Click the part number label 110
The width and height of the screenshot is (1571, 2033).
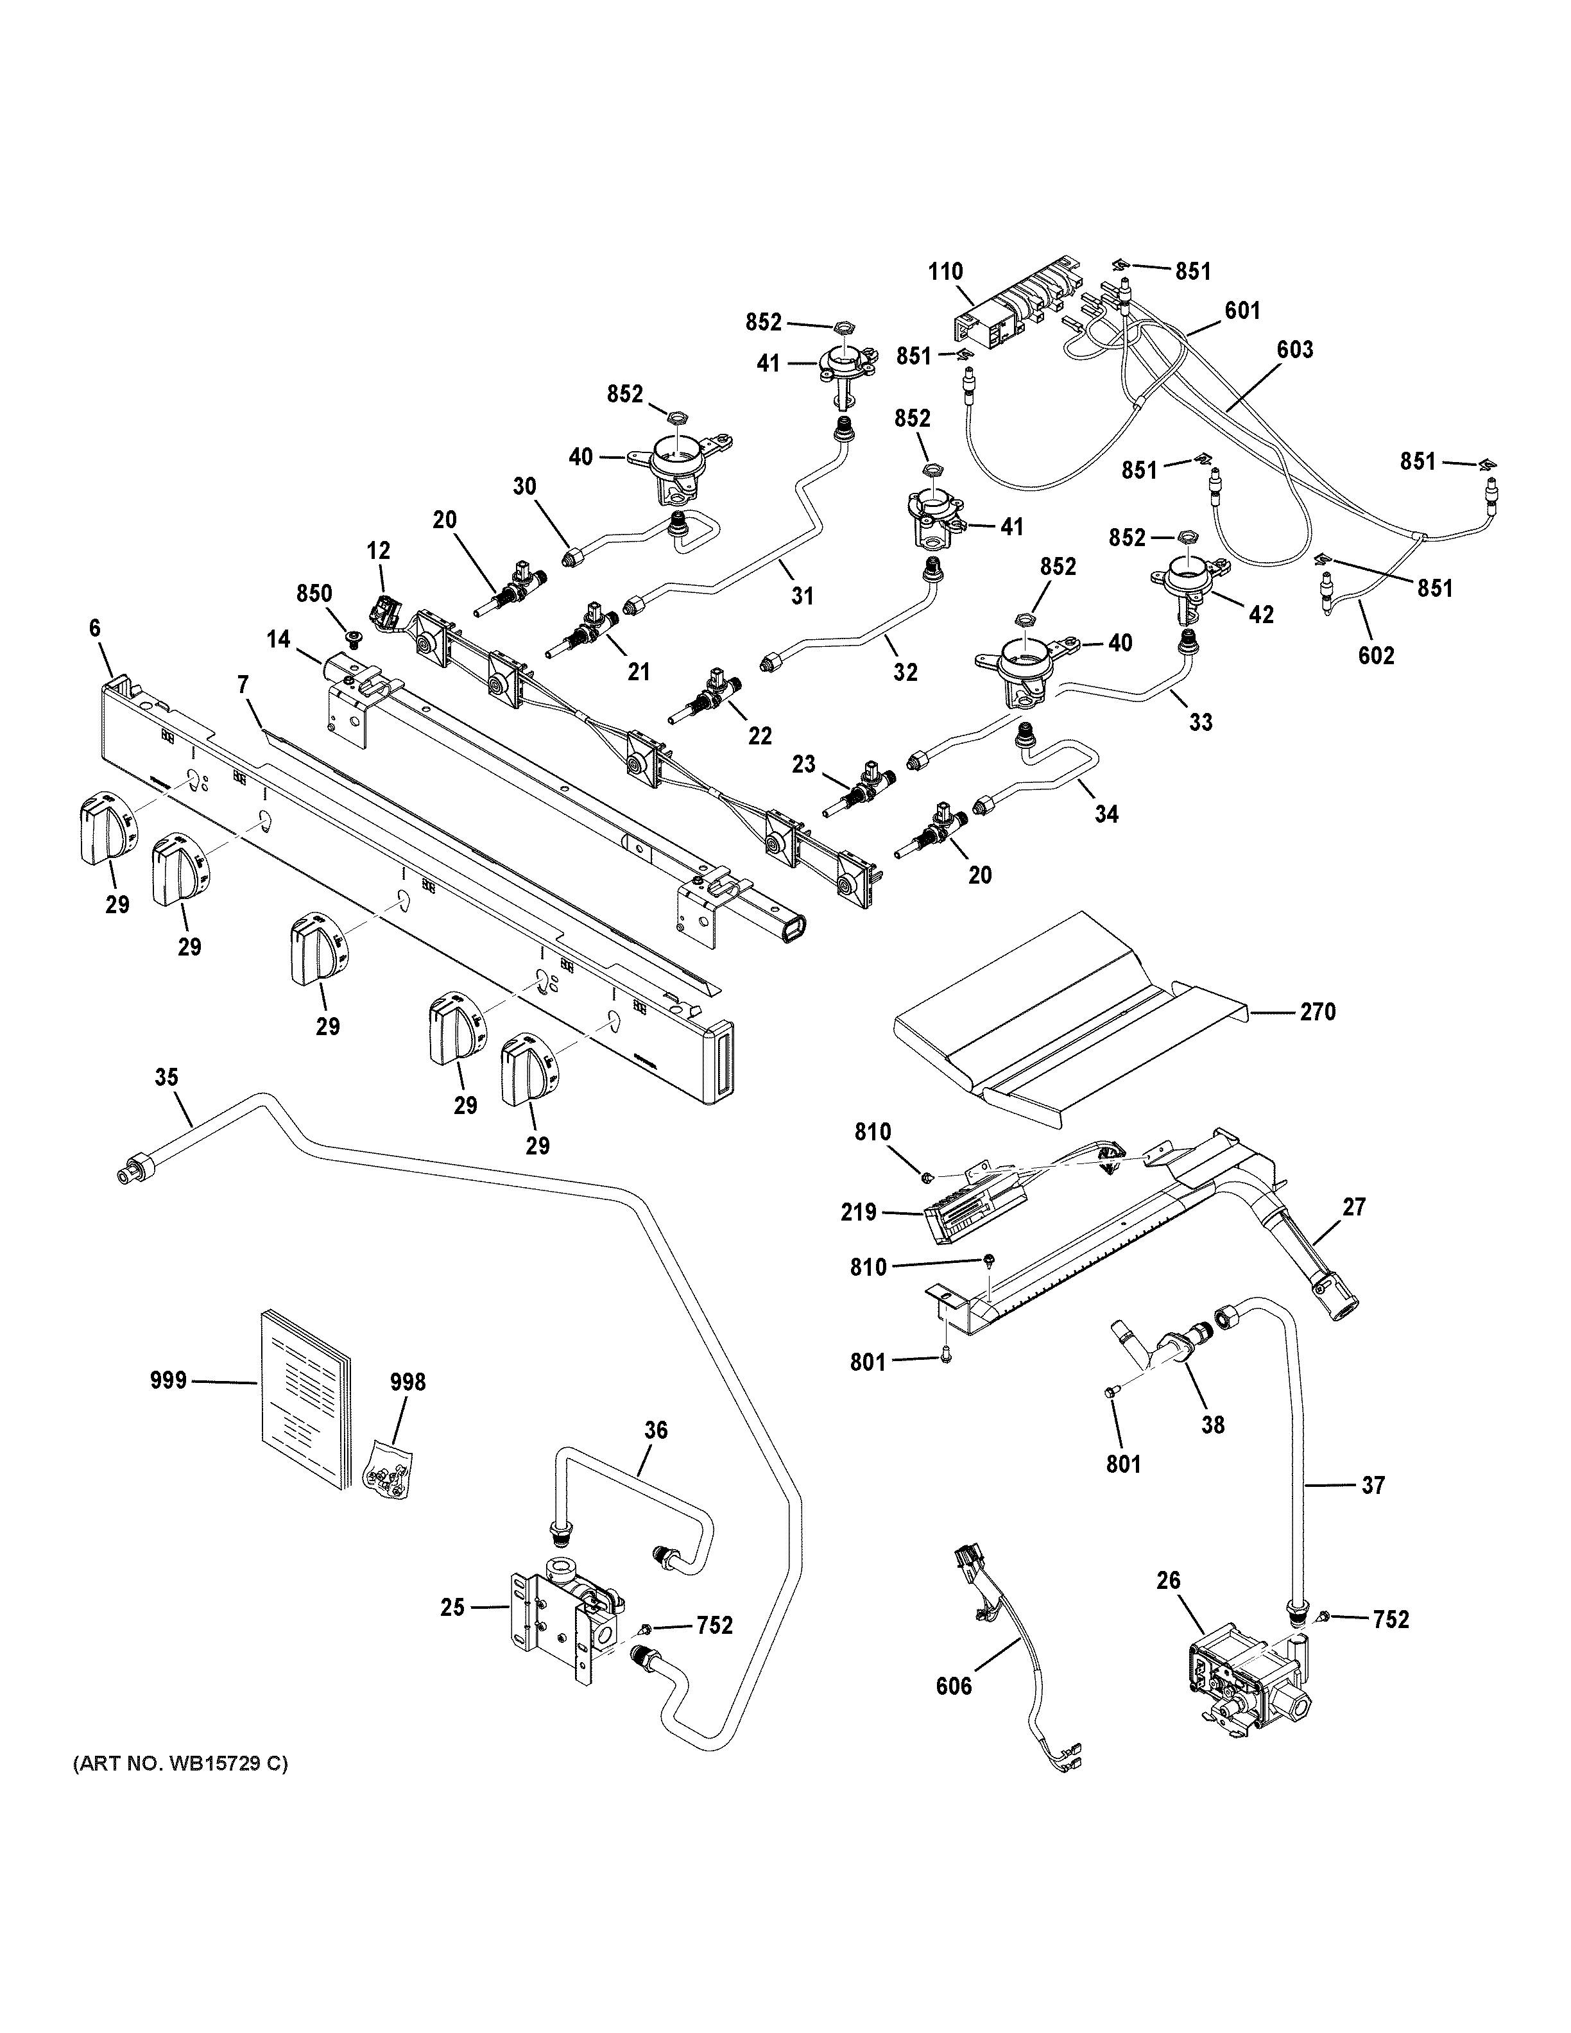coord(945,273)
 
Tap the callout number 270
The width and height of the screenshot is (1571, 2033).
coord(1318,1012)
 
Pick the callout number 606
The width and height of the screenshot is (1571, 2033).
coord(953,1686)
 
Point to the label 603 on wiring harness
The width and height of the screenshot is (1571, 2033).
coord(1294,350)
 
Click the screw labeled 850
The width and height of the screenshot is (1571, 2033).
coord(354,638)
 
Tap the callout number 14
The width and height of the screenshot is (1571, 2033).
coord(277,640)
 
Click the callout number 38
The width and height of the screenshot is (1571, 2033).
coord(1213,1424)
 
